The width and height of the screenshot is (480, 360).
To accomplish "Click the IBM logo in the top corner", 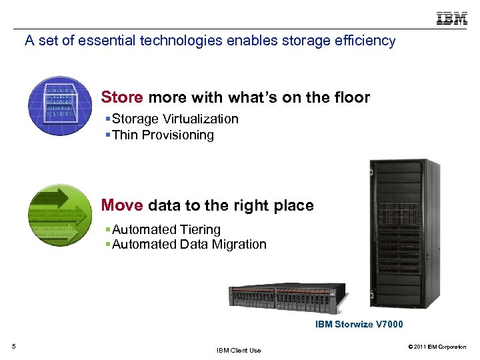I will pos(451,18).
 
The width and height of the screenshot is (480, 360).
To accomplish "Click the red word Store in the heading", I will pos(122,97).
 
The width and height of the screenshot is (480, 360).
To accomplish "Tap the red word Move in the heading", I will pos(122,205).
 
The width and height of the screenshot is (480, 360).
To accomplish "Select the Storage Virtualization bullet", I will pos(175,119).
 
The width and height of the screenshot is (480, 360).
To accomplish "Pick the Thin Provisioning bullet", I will pos(163,135).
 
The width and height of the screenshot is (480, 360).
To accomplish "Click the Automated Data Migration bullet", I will pos(189,244).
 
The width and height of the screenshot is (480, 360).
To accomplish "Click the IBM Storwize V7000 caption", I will pos(359,325).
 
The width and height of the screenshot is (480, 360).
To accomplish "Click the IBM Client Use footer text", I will pos(239,350).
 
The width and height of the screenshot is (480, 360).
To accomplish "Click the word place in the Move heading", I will pos(294,205).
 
